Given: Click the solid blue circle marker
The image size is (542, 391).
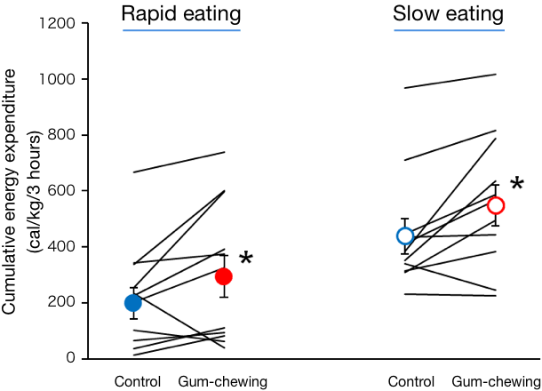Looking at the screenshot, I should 133,303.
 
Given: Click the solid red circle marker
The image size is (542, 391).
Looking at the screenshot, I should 223,276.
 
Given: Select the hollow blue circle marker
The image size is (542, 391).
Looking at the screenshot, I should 405,235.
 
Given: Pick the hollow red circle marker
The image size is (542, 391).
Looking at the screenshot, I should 496,205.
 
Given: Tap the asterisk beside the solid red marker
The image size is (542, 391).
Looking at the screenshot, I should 246,259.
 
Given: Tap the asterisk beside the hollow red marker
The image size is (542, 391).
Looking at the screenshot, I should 516,186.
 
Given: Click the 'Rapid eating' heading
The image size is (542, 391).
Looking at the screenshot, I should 181,14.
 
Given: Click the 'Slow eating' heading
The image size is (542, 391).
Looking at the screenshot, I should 449,14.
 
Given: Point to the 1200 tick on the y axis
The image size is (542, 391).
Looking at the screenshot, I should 59,23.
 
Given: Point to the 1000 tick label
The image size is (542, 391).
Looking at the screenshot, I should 59,79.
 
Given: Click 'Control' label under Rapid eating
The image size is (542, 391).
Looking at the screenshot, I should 138,382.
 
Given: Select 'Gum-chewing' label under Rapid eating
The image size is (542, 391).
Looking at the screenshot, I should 223,382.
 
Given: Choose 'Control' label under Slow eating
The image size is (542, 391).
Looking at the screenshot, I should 410,382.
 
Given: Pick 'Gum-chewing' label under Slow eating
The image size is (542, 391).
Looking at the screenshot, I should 496,382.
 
